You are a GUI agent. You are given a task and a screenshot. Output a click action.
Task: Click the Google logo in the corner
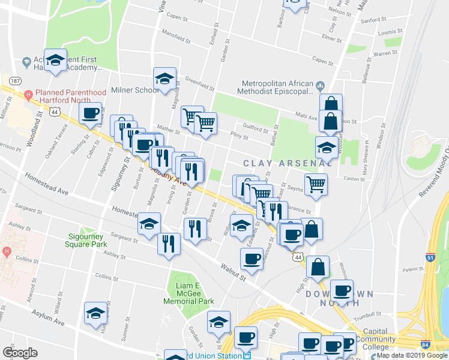pyautogui.click(x=20, y=352)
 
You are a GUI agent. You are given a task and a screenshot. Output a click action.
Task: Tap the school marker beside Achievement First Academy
pyautogui.click(x=55, y=61)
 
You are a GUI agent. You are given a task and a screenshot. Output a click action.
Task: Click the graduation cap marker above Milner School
pyautogui.click(x=164, y=79)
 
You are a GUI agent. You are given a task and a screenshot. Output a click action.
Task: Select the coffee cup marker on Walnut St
pyautogui.click(x=252, y=259)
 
